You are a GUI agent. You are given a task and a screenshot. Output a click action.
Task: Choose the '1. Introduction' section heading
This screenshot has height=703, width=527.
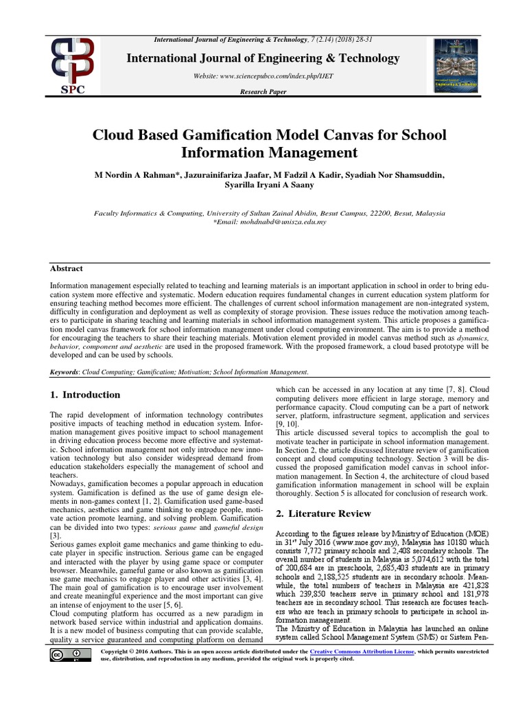tap(85, 395)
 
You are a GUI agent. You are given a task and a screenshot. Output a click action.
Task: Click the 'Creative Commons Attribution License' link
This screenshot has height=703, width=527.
tap(362, 651)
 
